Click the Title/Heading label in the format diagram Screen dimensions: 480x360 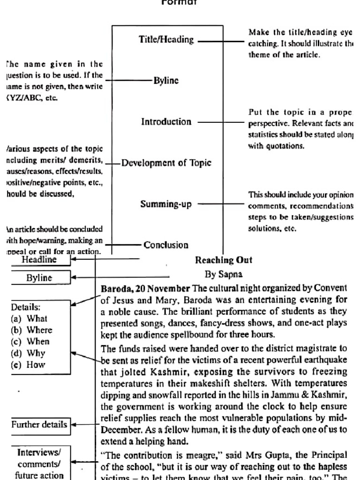[x=166, y=40]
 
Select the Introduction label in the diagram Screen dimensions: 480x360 [x=166, y=122]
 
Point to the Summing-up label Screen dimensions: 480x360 [x=166, y=204]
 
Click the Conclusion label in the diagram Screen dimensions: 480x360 [x=166, y=245]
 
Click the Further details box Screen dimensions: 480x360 [x=39, y=425]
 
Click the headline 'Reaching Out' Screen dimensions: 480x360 [x=224, y=260]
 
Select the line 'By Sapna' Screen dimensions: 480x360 [x=224, y=274]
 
